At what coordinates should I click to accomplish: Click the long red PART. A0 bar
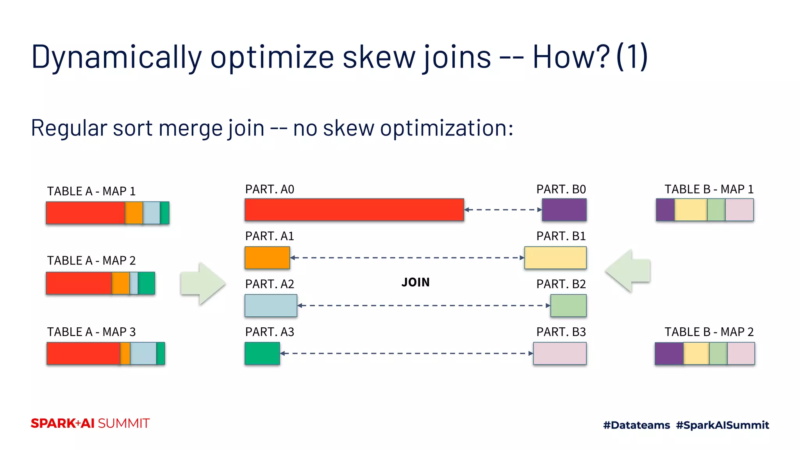pos(354,210)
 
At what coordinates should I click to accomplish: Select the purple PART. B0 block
pos(564,210)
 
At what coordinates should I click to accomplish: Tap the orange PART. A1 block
pos(267,258)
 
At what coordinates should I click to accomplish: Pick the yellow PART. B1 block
pos(555,258)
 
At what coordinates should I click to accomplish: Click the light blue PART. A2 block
pos(271,305)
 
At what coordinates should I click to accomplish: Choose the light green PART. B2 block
pos(568,305)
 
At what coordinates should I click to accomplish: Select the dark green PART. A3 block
pos(262,354)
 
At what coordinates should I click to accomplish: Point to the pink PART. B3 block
pos(560,354)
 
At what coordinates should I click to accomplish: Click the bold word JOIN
pos(415,282)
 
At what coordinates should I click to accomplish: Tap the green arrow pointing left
pos(628,271)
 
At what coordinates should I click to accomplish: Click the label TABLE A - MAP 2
pos(91,261)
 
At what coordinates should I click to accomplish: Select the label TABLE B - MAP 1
pos(709,189)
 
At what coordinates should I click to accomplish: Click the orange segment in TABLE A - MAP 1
pos(134,213)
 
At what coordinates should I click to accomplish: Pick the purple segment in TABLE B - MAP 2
pos(669,354)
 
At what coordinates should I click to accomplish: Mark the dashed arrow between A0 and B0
pos(503,210)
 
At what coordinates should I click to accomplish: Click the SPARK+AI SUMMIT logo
pos(90,423)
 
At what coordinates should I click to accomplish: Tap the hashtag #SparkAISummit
pos(722,425)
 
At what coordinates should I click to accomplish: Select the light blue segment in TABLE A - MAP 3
pos(143,354)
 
